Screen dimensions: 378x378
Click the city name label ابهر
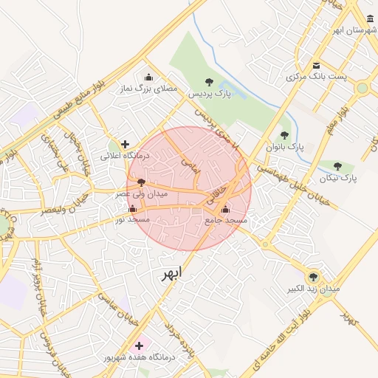171,275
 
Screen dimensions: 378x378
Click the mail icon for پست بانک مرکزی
316,64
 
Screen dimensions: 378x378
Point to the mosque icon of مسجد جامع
225,209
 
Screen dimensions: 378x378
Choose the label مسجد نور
133,220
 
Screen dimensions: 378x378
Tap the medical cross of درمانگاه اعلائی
125,144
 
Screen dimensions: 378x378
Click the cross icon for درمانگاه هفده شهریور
139,345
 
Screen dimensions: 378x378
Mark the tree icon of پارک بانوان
284,135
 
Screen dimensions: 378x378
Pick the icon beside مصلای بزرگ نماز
149,77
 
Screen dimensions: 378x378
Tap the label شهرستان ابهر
354,31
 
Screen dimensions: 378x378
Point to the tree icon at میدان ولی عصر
141,182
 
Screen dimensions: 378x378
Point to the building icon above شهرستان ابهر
370,18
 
